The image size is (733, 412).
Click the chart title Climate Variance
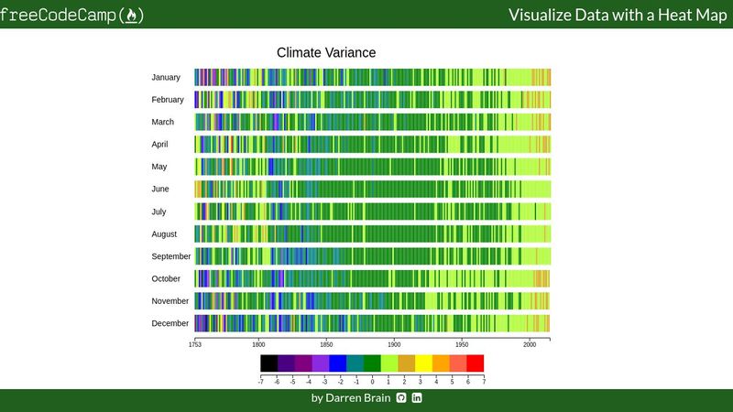[x=326, y=53]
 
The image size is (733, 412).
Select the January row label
[x=166, y=78]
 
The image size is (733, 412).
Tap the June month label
[x=160, y=190]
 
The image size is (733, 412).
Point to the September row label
[x=171, y=256]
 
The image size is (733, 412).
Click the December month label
[x=170, y=323]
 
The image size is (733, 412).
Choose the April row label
[x=160, y=145]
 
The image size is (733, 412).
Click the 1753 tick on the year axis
[x=194, y=345]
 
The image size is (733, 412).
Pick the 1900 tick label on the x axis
[x=394, y=345]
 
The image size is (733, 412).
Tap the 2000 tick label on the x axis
[x=530, y=345]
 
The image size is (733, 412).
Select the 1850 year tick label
[x=326, y=345]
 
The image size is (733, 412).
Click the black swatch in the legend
[x=268, y=363]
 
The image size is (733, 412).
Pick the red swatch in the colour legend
[x=476, y=363]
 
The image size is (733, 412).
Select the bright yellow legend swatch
[x=423, y=363]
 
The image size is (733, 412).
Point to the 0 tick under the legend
[x=373, y=379]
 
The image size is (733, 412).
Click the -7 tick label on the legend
[x=261, y=379]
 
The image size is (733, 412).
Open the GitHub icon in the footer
[x=400, y=398]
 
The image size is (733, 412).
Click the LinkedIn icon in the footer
[x=417, y=398]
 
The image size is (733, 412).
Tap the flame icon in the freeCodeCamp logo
[x=133, y=16]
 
